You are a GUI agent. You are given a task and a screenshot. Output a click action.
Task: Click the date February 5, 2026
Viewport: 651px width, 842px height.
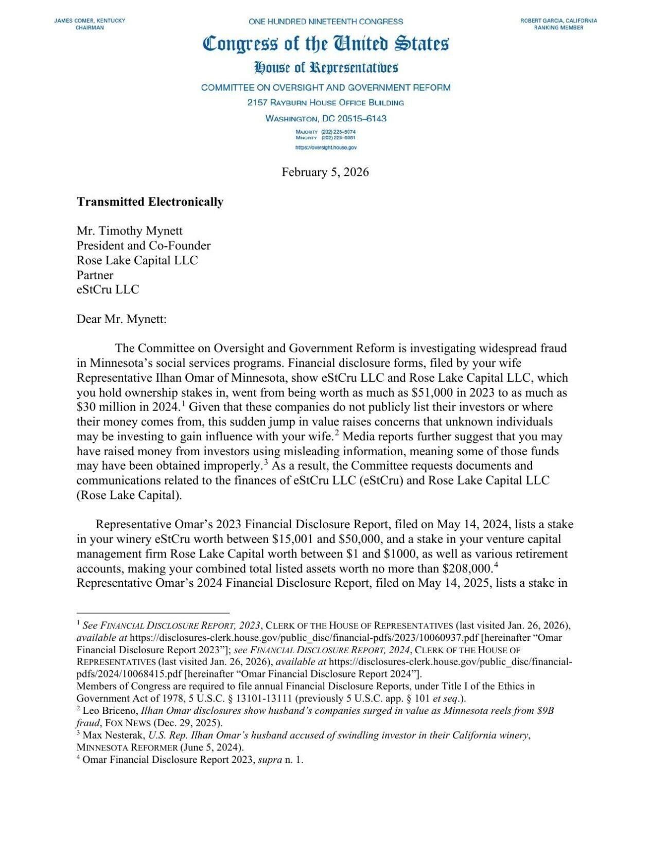click(x=325, y=172)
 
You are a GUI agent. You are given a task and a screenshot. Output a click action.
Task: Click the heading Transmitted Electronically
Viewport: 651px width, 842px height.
click(x=150, y=202)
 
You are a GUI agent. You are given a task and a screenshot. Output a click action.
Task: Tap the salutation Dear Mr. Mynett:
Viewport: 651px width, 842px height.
click(x=121, y=319)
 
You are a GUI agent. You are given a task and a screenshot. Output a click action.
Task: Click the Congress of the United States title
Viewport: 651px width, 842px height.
click(x=325, y=44)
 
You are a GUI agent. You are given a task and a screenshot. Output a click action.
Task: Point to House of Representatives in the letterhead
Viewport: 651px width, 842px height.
click(x=325, y=67)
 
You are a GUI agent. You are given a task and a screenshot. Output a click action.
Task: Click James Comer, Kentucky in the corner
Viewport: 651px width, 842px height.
click(x=90, y=21)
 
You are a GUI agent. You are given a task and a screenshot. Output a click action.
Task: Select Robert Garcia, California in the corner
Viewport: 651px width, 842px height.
click(x=558, y=21)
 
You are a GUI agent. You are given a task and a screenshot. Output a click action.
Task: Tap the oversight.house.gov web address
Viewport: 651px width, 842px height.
click(x=325, y=148)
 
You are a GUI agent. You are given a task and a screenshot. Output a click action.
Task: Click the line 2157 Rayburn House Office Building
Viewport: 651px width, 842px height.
click(x=325, y=103)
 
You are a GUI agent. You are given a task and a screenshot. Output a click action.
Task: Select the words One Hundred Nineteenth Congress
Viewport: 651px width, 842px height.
click(x=325, y=22)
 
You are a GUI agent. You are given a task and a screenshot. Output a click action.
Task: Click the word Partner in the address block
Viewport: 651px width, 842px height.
click(x=95, y=275)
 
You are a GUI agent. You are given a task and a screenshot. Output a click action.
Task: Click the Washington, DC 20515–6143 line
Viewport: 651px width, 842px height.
click(x=325, y=119)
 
